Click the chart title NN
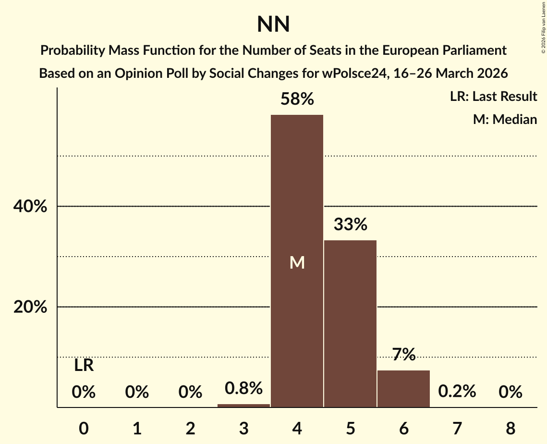pyautogui.click(x=273, y=24)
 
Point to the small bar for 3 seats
pyautogui.click(x=243, y=406)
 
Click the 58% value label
pyautogui.click(x=297, y=99)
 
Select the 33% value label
pyautogui.click(x=350, y=224)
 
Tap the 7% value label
pyautogui.click(x=403, y=355)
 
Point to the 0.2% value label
pyautogui.click(x=457, y=392)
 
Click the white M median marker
pyautogui.click(x=297, y=262)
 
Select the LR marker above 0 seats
pyautogui.click(x=84, y=366)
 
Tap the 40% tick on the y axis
pyautogui.click(x=30, y=207)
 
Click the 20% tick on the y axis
pyautogui.click(x=30, y=307)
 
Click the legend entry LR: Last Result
pyautogui.click(x=493, y=97)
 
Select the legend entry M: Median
pyautogui.click(x=504, y=119)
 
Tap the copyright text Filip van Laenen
pyautogui.click(x=543, y=24)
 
